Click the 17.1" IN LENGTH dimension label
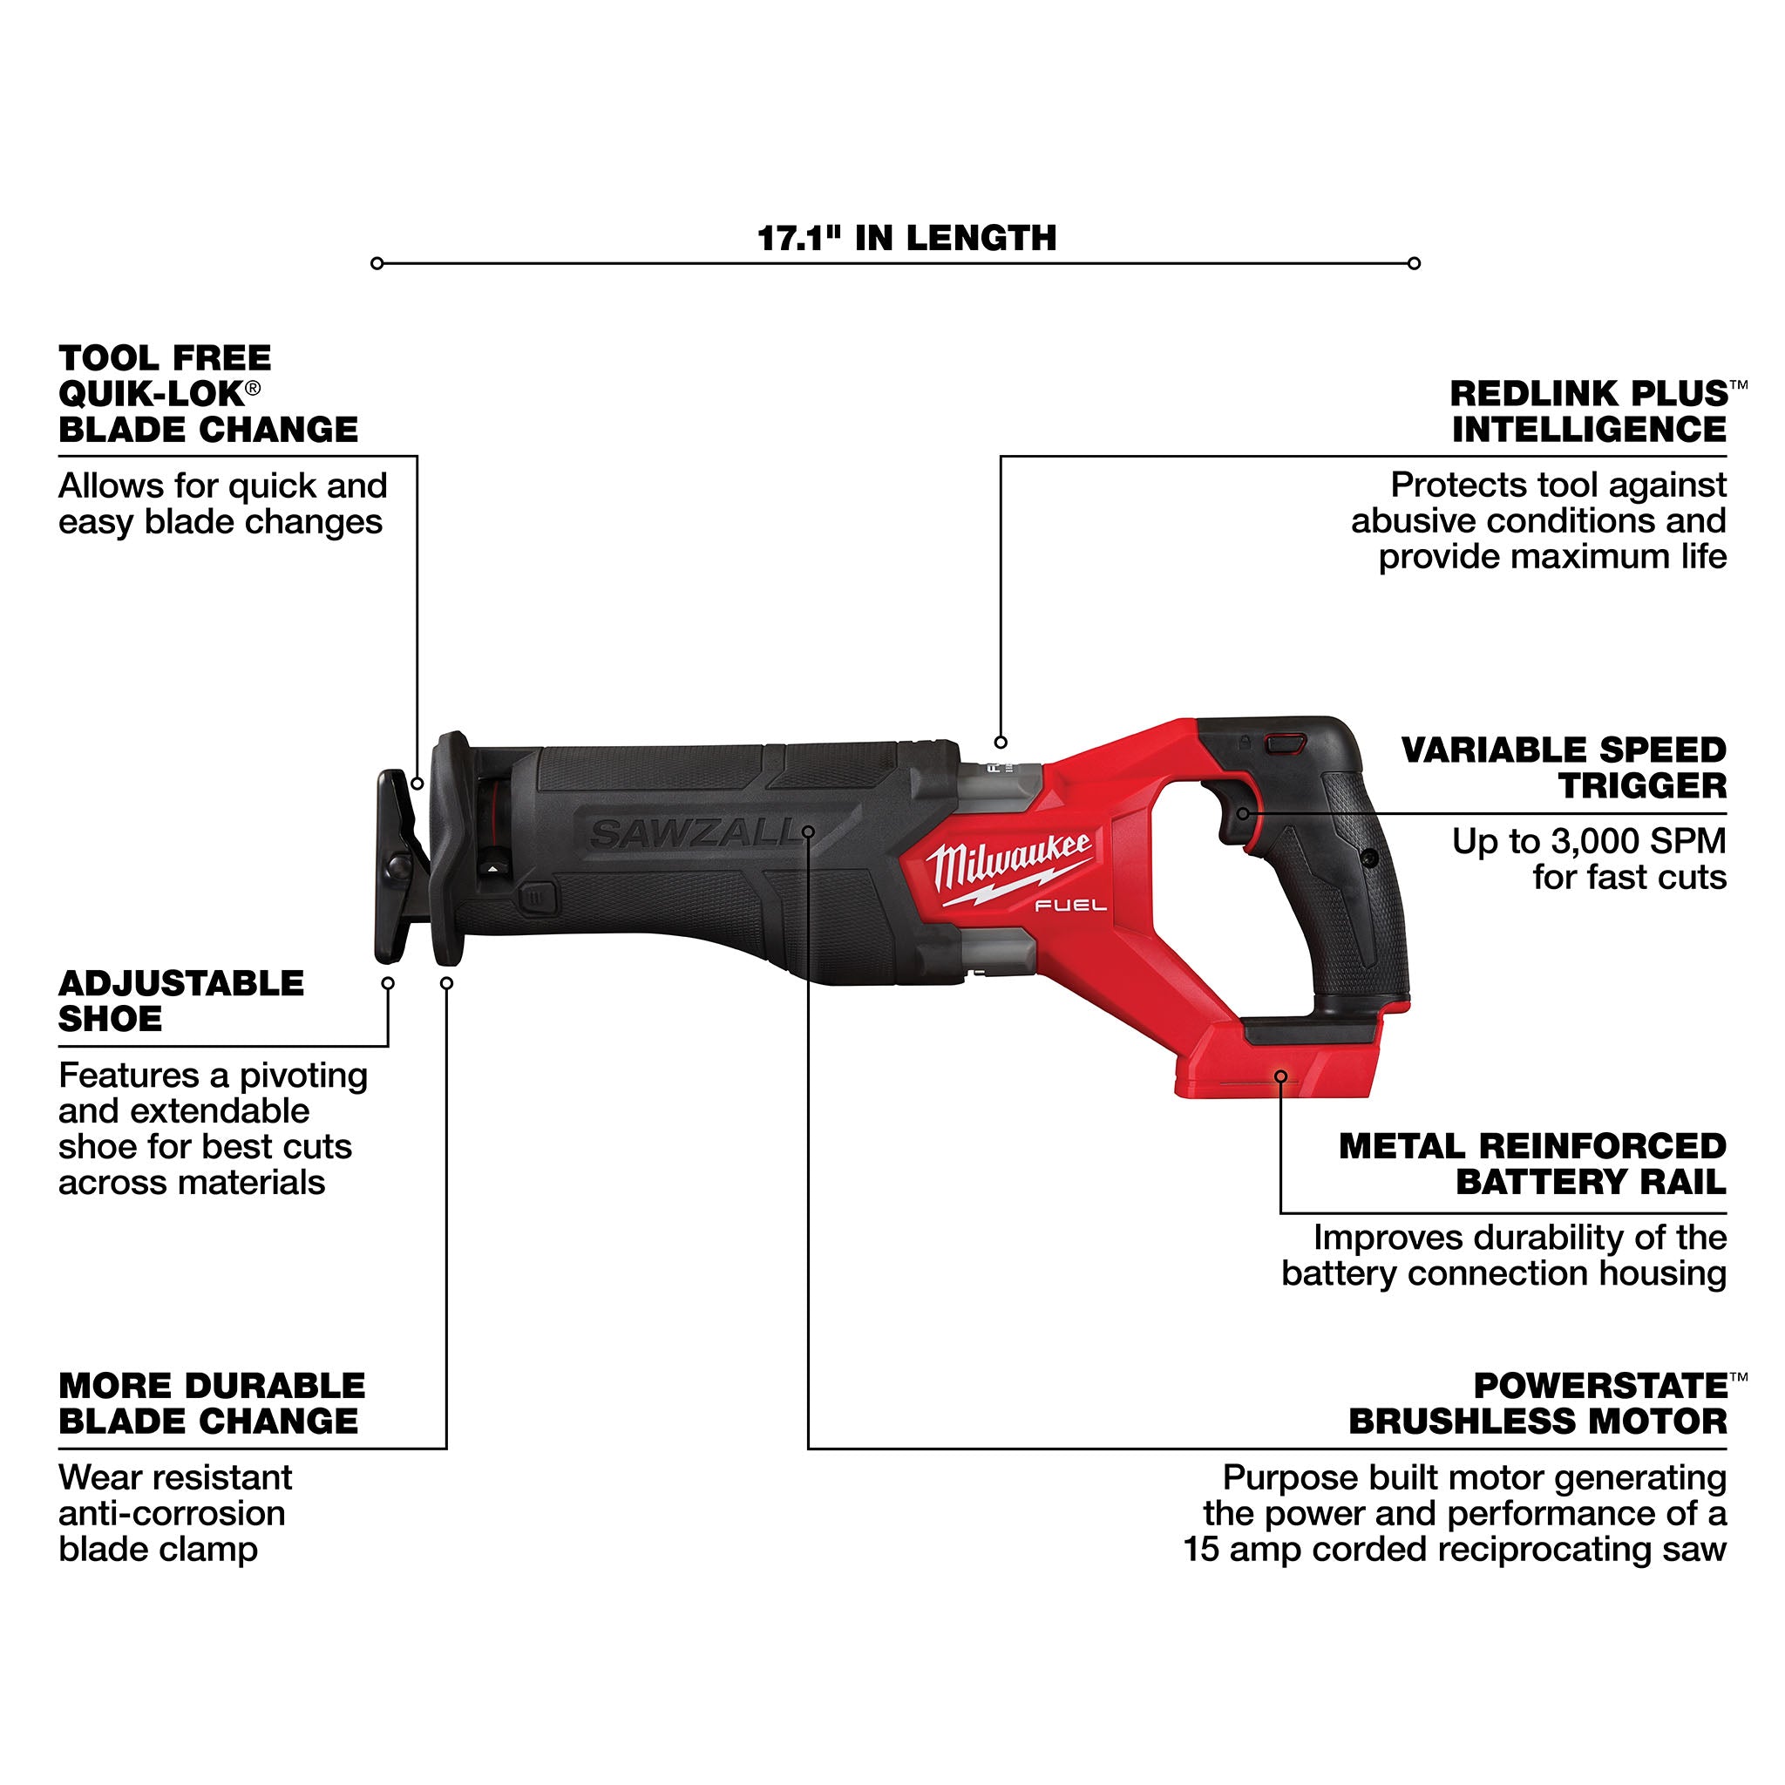click(906, 238)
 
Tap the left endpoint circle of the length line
click(377, 264)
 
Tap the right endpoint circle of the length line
click(1414, 264)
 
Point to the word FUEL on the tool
click(1070, 906)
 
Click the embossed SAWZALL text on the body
click(693, 834)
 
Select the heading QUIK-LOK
click(152, 395)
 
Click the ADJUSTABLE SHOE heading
click(181, 1001)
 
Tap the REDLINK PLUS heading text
click(1588, 395)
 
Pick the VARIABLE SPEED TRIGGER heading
click(1564, 768)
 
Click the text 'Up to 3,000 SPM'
click(1588, 842)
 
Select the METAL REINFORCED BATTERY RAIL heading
click(1532, 1164)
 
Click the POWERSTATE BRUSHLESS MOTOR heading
click(1537, 1403)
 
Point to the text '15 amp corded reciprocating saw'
click(1455, 1550)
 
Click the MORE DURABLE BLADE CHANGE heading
click(211, 1403)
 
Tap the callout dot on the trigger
click(1244, 814)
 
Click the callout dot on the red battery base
click(1280, 1076)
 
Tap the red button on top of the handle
click(1286, 743)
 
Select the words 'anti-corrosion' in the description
click(172, 1513)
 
